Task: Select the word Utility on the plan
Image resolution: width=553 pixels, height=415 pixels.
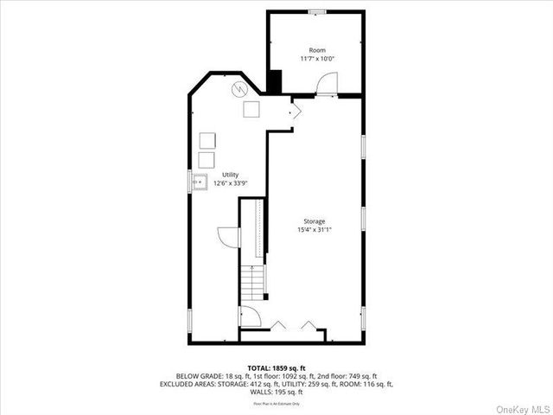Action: (x=230, y=175)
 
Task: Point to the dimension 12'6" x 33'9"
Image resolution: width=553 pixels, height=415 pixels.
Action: (x=230, y=183)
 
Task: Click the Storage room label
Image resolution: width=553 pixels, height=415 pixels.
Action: (x=315, y=221)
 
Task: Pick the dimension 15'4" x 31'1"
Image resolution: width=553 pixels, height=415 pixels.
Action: (x=315, y=230)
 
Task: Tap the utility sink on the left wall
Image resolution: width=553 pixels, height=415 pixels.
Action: (x=200, y=182)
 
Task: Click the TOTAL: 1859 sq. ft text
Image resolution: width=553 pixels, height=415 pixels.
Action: (x=276, y=368)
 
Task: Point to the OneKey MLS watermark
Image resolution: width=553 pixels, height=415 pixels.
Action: (x=520, y=406)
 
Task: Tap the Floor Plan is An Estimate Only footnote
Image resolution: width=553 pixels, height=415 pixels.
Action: (x=276, y=403)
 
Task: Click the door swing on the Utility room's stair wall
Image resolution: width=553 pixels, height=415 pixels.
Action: (x=228, y=238)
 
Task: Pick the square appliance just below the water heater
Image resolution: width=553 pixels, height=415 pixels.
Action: (x=252, y=109)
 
